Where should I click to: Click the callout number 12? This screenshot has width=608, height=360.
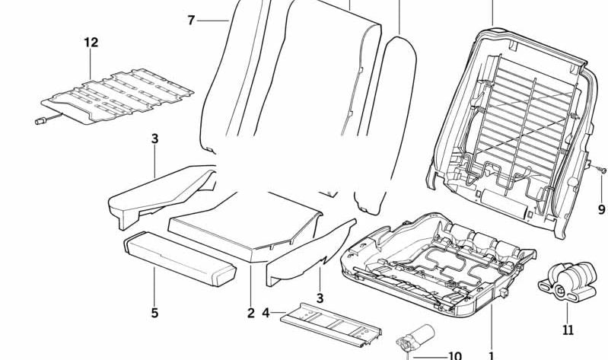click(x=91, y=43)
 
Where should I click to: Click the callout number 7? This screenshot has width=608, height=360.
click(x=191, y=20)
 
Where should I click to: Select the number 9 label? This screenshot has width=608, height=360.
click(x=600, y=209)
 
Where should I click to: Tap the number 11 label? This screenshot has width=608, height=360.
click(x=568, y=330)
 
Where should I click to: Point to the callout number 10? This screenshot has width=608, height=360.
click(x=454, y=355)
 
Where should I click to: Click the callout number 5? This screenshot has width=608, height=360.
click(x=154, y=312)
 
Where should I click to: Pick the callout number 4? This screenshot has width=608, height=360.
click(x=266, y=312)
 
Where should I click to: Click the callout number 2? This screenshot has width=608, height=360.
click(x=250, y=312)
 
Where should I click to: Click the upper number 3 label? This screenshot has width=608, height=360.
click(x=154, y=139)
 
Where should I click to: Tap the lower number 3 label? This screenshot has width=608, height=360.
click(x=320, y=298)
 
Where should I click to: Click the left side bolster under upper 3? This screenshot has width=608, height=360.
click(x=160, y=190)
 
